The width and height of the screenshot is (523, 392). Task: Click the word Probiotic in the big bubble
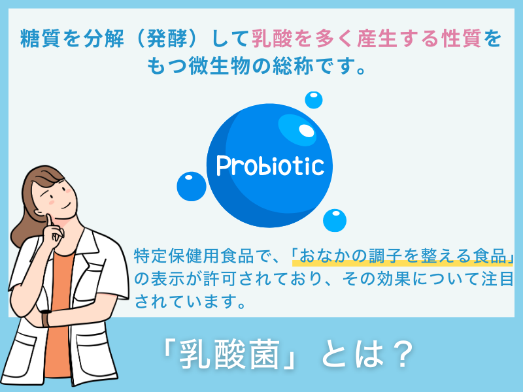coord(270,166)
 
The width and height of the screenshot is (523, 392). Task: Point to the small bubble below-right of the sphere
coord(335,220)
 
